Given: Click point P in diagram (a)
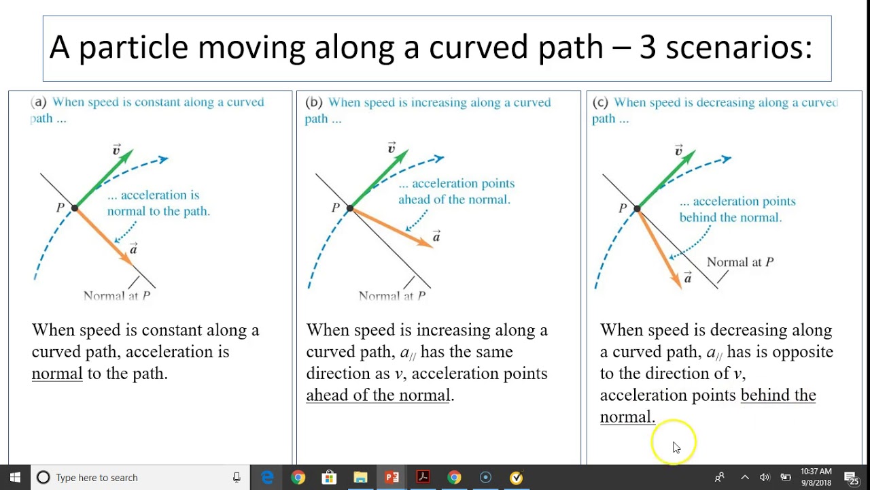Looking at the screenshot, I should pyautogui.click(x=75, y=207).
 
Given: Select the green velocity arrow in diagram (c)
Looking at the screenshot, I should pyautogui.click(x=666, y=179).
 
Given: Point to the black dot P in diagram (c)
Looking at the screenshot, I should pyautogui.click(x=637, y=208).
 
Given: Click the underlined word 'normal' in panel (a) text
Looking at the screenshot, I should pyautogui.click(x=57, y=374).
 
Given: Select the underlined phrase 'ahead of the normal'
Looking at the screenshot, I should pyautogui.click(x=378, y=395).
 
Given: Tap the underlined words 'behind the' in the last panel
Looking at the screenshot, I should pyautogui.click(x=778, y=395).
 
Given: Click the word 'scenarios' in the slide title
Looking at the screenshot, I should pyautogui.click(x=738, y=48).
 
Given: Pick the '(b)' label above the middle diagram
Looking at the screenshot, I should pyautogui.click(x=314, y=103).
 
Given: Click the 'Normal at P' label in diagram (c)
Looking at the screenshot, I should pyautogui.click(x=740, y=262).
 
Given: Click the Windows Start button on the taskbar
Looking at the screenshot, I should pyautogui.click(x=15, y=477).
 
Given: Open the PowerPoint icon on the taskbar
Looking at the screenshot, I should pyautogui.click(x=391, y=477).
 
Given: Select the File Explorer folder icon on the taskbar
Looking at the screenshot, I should pyautogui.click(x=360, y=477).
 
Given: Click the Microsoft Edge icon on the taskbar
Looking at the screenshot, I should pyautogui.click(x=267, y=477).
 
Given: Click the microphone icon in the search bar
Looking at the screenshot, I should pyautogui.click(x=237, y=477).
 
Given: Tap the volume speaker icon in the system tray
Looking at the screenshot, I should pyautogui.click(x=765, y=477).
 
